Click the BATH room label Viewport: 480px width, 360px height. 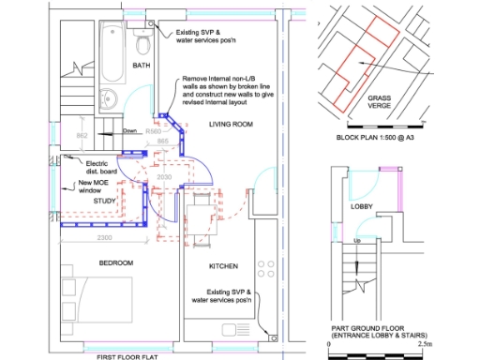[142, 66]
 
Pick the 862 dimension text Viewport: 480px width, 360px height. [82, 136]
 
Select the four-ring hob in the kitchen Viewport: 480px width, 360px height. [265, 265]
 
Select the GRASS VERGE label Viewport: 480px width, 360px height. [380, 101]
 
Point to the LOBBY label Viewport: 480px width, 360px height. [362, 205]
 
